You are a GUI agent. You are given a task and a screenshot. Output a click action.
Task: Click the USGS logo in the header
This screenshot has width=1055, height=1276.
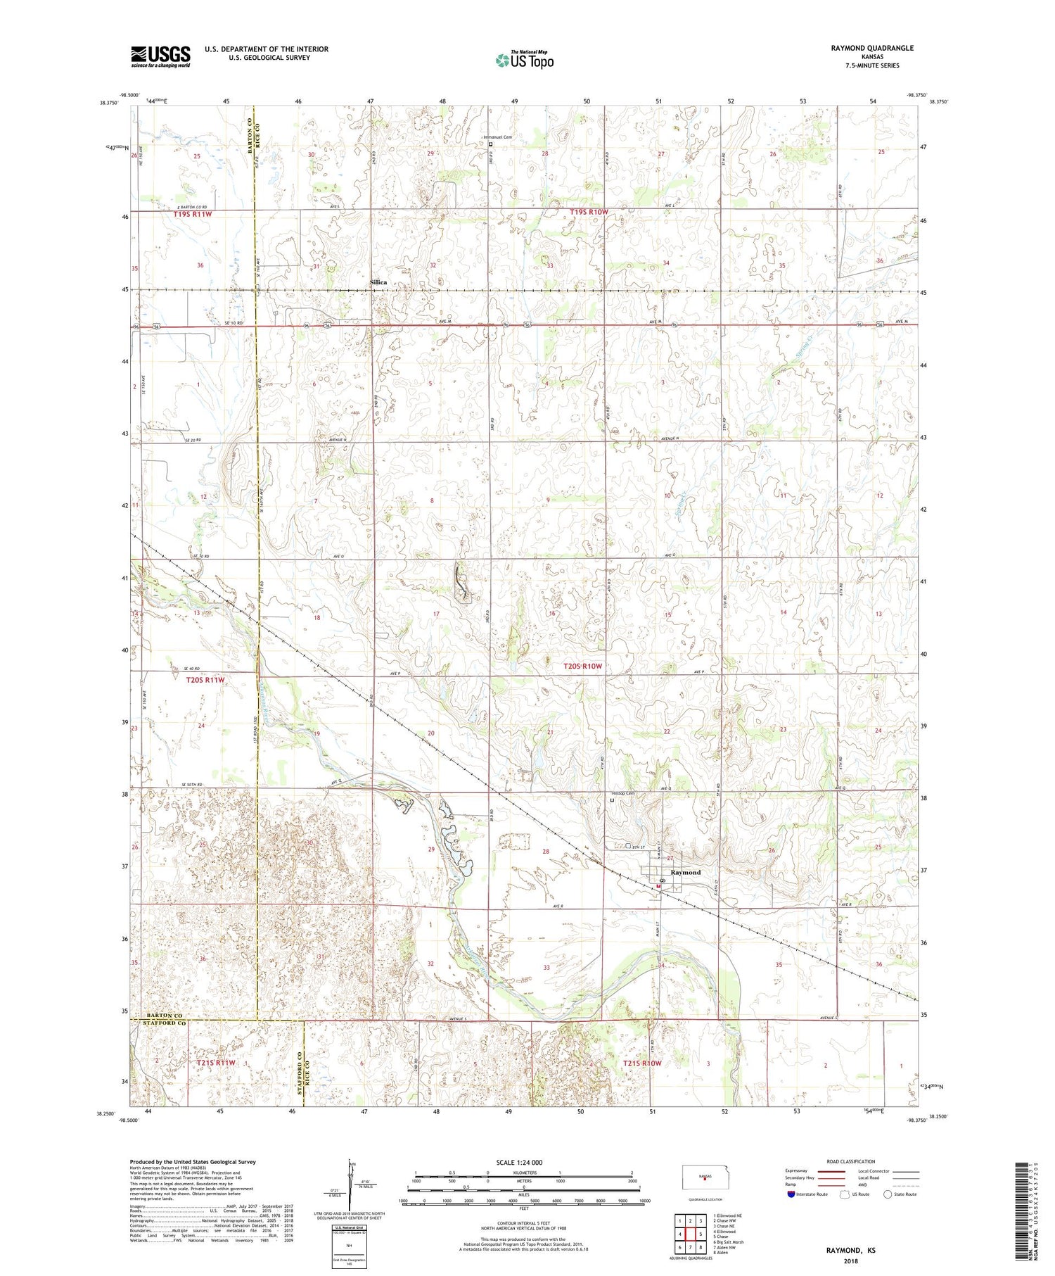(160, 56)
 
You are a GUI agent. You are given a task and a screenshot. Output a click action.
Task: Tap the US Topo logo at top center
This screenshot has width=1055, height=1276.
(524, 60)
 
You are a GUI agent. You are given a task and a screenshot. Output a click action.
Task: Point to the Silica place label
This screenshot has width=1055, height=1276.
(378, 282)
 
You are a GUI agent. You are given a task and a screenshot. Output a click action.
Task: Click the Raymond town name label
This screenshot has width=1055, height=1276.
(686, 872)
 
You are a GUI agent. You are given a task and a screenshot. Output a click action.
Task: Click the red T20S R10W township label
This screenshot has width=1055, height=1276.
(582, 666)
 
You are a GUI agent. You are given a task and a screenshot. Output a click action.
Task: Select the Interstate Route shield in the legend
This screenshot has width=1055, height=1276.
(791, 1194)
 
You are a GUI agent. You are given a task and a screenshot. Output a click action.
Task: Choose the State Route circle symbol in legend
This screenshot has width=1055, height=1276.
(888, 1194)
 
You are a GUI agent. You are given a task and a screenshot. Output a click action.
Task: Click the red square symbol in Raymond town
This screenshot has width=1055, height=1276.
(658, 885)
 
